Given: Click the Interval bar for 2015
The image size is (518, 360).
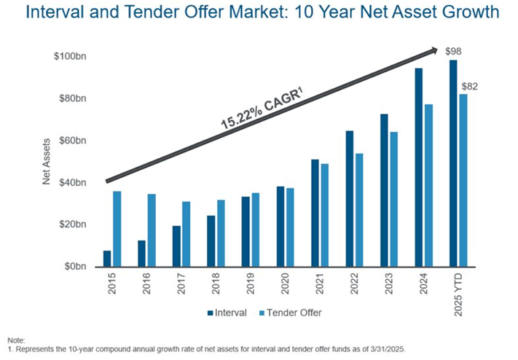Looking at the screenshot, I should click(x=107, y=259).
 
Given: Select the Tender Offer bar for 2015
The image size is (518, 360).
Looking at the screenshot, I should click(x=117, y=229).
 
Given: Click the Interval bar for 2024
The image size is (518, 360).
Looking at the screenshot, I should click(x=419, y=168).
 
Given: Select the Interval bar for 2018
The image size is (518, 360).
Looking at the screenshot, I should click(x=211, y=241).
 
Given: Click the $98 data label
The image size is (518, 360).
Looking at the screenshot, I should click(x=454, y=52).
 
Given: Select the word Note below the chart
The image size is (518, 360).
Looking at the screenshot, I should click(x=15, y=340).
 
